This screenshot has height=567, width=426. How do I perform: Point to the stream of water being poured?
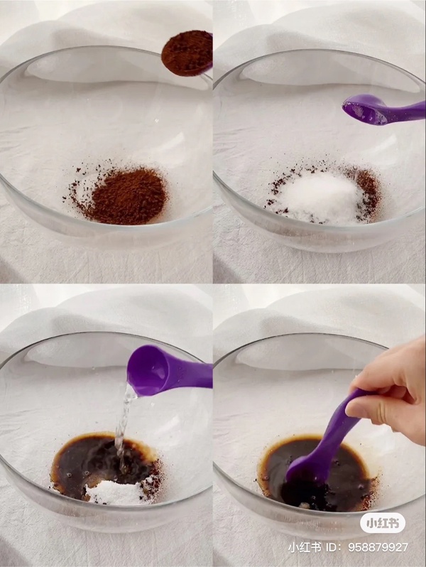(124, 423)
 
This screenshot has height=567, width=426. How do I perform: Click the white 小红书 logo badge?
(383, 523)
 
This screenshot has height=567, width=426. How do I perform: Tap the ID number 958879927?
(378, 547)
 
